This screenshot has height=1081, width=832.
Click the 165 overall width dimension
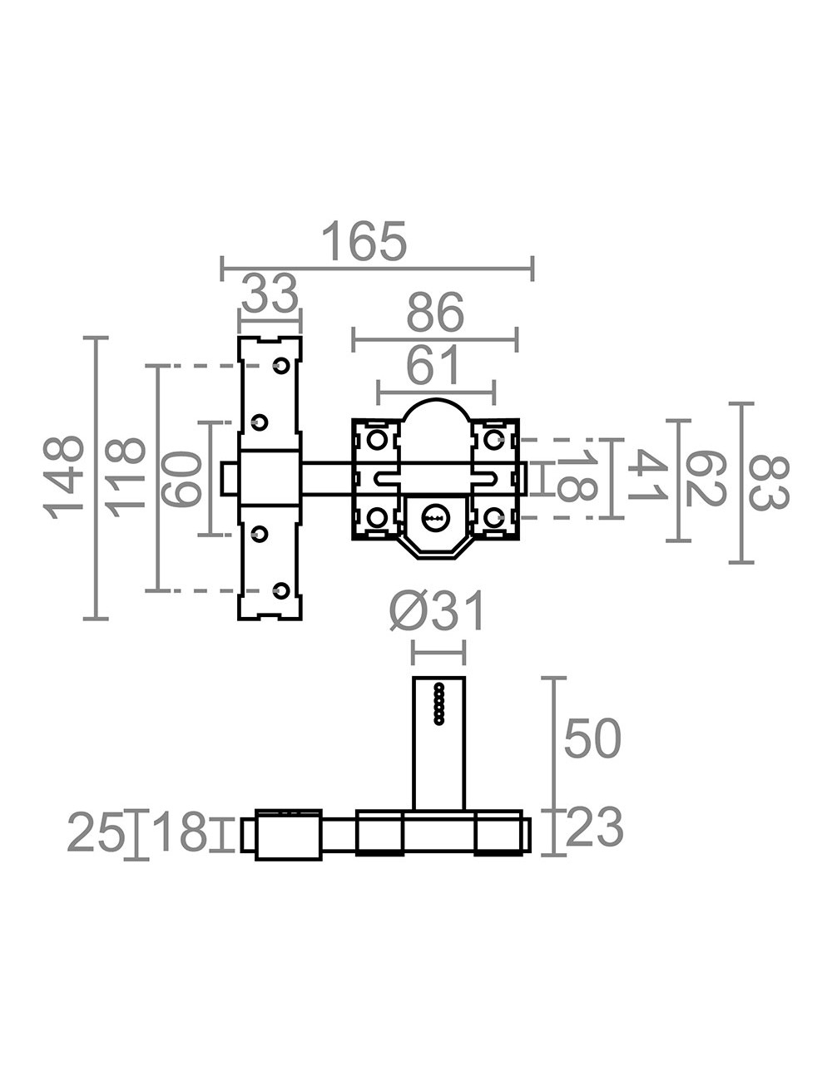pos(364,242)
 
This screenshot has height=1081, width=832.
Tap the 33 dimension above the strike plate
pos(270,294)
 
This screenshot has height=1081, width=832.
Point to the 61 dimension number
pos(433,366)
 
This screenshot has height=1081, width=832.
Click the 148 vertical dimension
pos(65,477)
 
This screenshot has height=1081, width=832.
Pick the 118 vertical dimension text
pos(126,477)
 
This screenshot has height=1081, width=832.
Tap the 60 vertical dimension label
pos(182,478)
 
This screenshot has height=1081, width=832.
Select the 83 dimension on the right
pos(767,481)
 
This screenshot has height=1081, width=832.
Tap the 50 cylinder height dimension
pos(592,739)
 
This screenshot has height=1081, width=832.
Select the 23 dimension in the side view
pos(594,829)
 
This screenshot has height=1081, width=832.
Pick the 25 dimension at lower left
pos(95,832)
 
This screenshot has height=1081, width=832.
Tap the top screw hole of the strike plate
pos(281,365)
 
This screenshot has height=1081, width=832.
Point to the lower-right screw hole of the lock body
pos(493,517)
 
